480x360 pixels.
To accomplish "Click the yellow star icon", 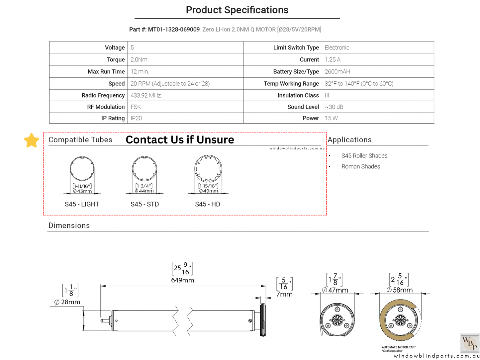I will tap(32, 140).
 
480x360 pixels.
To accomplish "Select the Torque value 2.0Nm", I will tap(139, 60).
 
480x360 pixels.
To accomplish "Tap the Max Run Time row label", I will tap(106, 72).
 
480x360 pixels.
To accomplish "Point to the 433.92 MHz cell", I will tap(145, 96).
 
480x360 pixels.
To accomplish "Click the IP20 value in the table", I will tap(136, 118).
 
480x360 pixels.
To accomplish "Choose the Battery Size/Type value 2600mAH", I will tap(337, 72).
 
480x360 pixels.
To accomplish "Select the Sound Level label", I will tap(303, 107).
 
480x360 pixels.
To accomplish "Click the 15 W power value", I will tap(331, 118).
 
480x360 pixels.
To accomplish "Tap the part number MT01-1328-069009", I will tap(174, 30).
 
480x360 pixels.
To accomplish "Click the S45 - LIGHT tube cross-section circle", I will tap(82, 169).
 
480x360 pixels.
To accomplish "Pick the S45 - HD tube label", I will tap(208, 204).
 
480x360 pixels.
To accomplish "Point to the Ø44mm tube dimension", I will tap(144, 191).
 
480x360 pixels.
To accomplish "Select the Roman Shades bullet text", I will tap(360, 167).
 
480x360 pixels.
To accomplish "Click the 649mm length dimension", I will tap(182, 280).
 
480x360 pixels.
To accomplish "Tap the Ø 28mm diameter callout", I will tap(67, 302).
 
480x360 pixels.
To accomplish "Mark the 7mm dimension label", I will tap(284, 294).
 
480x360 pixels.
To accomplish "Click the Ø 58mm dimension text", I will tap(400, 290).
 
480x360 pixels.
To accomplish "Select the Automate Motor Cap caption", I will tap(398, 347).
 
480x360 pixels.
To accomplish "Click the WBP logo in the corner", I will tap(469, 343).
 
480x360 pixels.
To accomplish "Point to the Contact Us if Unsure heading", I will tap(180, 140).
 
